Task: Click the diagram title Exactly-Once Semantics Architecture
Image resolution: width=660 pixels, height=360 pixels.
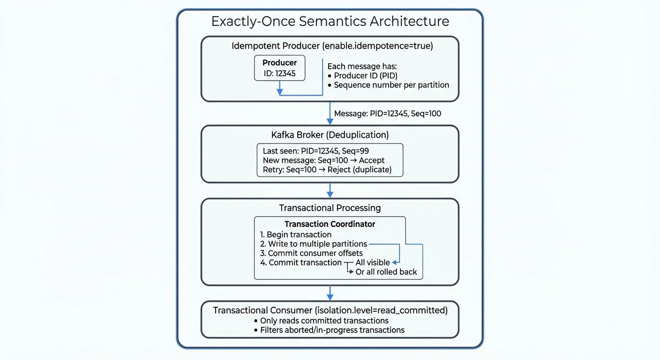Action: point(330,22)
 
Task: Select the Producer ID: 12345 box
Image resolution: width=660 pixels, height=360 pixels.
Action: point(279,68)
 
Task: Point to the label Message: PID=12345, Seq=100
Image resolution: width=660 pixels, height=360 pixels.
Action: point(387,113)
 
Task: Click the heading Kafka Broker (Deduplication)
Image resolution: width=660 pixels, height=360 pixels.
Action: point(330,135)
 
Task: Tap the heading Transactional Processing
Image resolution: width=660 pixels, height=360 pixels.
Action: point(330,208)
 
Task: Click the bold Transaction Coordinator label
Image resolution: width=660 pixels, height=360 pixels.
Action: point(330,224)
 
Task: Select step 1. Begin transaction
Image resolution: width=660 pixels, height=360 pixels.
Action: point(296,234)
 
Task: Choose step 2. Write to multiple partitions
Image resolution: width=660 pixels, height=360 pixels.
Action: point(314,244)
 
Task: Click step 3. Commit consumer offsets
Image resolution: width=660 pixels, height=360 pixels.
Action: point(311,253)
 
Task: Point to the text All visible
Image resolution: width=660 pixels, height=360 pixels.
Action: point(373,262)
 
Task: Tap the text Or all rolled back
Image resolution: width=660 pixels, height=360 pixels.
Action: point(386,272)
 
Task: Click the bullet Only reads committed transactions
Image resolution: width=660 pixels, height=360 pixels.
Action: point(324,321)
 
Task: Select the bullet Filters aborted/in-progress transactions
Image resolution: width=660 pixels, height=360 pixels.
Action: point(332,330)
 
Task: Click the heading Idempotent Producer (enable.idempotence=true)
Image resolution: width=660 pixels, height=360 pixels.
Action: point(332,46)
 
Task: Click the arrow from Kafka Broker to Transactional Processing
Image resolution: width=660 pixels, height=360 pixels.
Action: point(330,190)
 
